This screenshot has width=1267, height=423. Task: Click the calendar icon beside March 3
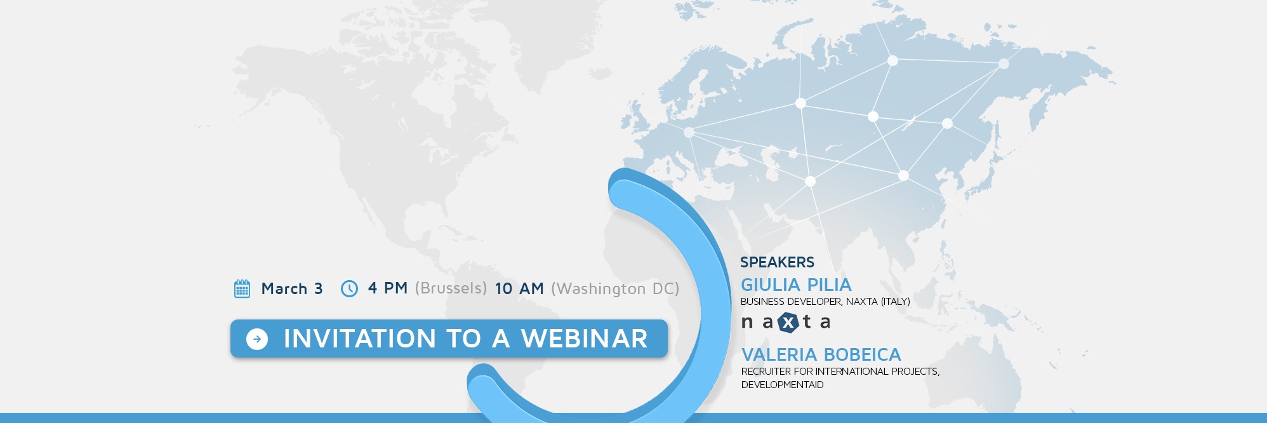coord(242,288)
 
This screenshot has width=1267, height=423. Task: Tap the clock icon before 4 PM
coord(349,288)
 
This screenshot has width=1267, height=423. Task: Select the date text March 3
coord(292,288)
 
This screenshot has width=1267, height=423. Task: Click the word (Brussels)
coord(451,288)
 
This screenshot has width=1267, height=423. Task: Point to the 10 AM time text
coord(519,288)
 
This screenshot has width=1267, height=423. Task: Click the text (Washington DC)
coord(615,289)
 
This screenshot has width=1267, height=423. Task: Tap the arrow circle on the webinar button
coord(257,339)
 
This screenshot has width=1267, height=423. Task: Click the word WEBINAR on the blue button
coord(584,339)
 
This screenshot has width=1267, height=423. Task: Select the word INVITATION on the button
coord(360,339)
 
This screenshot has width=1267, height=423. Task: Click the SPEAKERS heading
coord(777,262)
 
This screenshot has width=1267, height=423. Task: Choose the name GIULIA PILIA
coord(796,285)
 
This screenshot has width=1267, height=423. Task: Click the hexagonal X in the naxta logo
coord(788,323)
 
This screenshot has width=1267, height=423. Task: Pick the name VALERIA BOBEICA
coord(821,354)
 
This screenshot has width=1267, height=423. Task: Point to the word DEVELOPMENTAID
coord(782,385)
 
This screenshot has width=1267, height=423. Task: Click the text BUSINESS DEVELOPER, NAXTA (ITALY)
coord(825,302)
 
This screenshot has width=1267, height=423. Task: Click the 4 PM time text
coord(388,288)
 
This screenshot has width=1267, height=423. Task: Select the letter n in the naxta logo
coord(747,323)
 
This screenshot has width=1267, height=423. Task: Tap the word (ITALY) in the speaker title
coord(895,302)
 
